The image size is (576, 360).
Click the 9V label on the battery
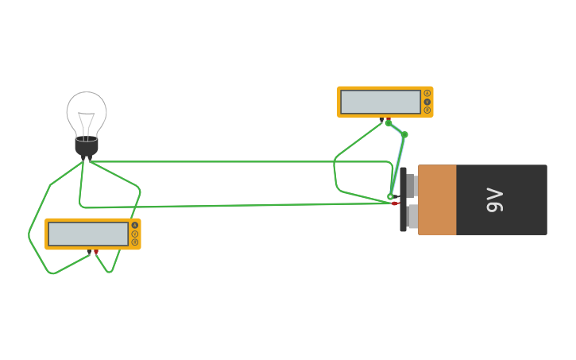coord(494,200)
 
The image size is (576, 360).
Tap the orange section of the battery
coord(437,200)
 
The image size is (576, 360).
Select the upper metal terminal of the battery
coord(410,185)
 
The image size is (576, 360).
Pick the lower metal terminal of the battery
coord(410,216)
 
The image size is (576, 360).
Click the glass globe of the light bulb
coord(87,111)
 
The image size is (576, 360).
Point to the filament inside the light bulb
coord(87,123)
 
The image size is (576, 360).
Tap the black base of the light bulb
coord(87,147)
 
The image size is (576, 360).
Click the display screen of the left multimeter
coord(88,234)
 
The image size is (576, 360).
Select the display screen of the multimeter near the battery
coord(381,102)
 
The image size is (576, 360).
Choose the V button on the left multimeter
coord(135,234)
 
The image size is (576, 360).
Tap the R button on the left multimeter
coord(135,242)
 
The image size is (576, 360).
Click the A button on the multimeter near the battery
coord(427,93)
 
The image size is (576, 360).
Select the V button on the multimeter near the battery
coord(427,102)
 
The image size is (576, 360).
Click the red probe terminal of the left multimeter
coord(96,252)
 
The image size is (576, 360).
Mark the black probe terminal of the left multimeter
coord(89,252)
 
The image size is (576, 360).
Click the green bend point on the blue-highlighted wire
coord(404,135)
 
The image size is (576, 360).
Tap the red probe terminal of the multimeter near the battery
coord(389,120)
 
